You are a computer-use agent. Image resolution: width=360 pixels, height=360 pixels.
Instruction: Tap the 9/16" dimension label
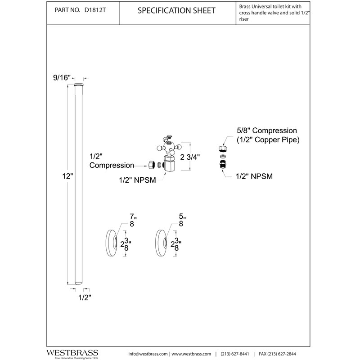[62, 77]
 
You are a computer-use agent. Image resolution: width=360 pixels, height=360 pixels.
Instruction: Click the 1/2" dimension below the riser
[84, 297]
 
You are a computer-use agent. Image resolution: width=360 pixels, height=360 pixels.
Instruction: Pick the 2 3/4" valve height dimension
[190, 157]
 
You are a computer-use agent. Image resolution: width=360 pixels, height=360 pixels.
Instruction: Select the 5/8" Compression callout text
[267, 130]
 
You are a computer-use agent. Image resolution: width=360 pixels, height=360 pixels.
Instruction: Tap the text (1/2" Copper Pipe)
[268, 140]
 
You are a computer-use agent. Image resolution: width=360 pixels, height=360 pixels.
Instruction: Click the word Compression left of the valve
[112, 166]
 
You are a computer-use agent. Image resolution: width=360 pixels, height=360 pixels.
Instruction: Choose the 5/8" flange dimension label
[181, 220]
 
